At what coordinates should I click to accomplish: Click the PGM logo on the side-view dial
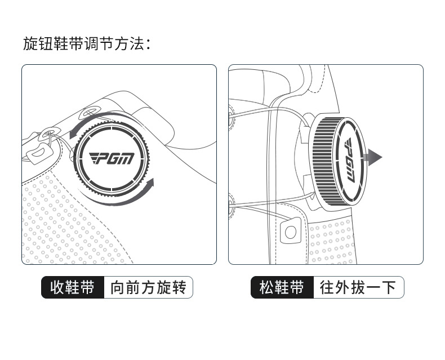click(x=348, y=160)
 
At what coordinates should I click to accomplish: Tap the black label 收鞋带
click(x=72, y=288)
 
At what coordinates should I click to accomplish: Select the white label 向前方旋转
click(x=148, y=288)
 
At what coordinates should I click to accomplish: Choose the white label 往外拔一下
click(x=358, y=288)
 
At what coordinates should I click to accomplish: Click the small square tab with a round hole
click(x=290, y=231)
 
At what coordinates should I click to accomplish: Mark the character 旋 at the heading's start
click(x=30, y=43)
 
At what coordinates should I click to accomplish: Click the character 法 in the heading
click(x=137, y=43)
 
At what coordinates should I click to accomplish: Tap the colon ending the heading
click(x=149, y=44)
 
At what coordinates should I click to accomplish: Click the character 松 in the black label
click(x=266, y=288)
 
